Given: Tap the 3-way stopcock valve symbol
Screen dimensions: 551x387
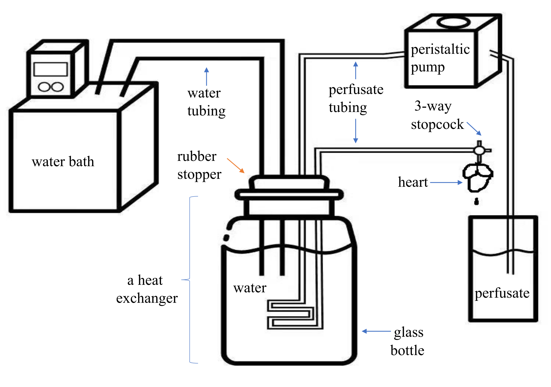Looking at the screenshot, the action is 479,151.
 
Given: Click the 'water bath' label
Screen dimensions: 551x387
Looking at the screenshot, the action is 63,161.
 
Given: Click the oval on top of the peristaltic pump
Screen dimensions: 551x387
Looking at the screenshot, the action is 454,23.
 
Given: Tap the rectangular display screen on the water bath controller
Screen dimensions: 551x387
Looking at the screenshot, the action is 51,69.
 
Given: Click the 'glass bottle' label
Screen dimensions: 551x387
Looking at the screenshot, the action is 408,341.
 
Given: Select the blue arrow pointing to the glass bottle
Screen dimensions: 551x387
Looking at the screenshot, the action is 376,331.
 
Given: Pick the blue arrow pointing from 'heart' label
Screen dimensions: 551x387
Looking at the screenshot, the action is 446,182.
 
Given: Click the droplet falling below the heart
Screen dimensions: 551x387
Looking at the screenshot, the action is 476,202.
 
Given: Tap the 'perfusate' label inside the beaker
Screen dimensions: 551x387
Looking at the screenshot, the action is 502,293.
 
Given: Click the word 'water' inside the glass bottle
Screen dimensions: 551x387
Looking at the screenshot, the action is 250,288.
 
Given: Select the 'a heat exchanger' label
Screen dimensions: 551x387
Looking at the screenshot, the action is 147,289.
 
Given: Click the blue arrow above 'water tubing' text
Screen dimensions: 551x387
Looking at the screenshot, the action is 207,77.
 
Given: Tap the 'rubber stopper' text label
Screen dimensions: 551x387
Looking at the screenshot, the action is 199,165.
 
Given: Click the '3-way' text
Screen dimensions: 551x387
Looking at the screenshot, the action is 433,106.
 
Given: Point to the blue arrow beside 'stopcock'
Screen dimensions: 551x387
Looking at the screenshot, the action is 474,129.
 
